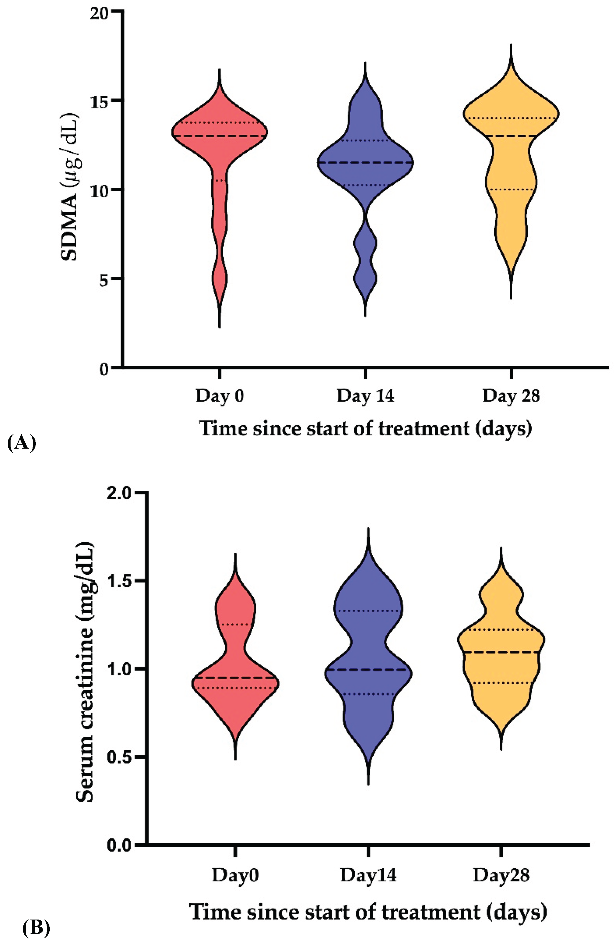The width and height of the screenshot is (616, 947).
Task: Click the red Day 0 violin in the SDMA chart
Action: pyautogui.click(x=219, y=159)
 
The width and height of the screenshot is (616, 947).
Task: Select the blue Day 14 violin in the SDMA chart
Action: pyautogui.click(x=365, y=167)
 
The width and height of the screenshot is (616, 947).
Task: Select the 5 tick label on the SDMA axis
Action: pyautogui.click(x=104, y=280)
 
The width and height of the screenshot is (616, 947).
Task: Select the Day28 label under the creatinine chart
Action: pyautogui.click(x=501, y=876)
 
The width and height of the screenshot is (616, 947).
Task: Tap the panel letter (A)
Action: pyautogui.click(x=21, y=442)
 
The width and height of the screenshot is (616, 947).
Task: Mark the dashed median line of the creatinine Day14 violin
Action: pyautogui.click(x=368, y=670)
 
